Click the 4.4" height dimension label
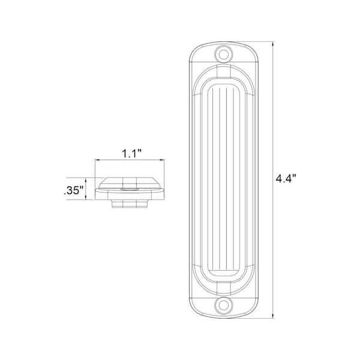pos(287,178)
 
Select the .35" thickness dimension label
pos(73,191)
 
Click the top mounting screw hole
pos(224,53)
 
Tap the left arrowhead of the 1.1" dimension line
pos(97,160)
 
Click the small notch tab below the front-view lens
pos(224,285)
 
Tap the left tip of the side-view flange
pos(97,188)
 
